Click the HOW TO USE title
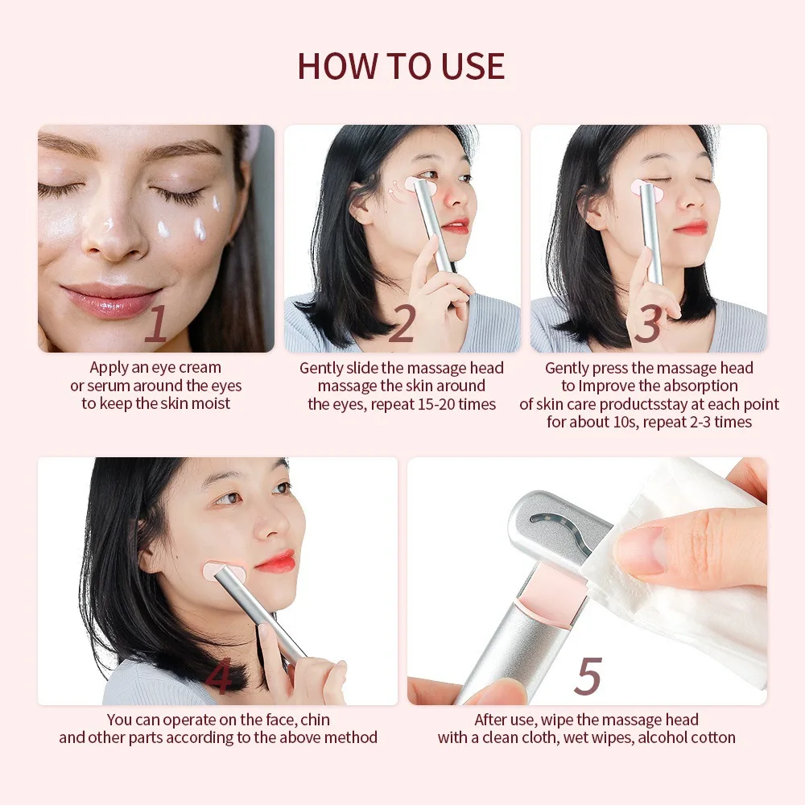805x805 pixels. pos(401,65)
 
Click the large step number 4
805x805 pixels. pos(218,678)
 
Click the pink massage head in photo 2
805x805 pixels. pos(420,186)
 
